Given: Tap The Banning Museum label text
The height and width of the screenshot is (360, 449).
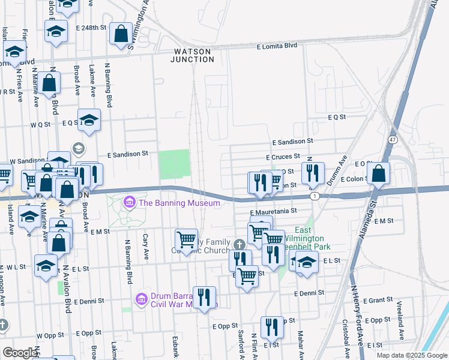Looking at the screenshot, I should click(x=179, y=203).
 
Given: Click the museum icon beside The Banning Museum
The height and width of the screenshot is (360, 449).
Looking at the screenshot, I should click(x=129, y=203).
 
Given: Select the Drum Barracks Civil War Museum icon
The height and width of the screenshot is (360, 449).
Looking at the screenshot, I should click(x=141, y=298).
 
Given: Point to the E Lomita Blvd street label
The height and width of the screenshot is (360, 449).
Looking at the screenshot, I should click(x=277, y=46).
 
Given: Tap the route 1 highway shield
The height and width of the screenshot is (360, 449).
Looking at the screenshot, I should click(x=315, y=196).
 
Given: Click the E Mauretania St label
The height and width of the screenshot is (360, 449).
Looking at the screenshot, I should click(x=274, y=211).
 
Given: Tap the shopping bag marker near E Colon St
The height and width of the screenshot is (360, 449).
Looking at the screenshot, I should click(x=378, y=174).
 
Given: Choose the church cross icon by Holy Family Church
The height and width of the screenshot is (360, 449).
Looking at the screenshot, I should click(x=239, y=244).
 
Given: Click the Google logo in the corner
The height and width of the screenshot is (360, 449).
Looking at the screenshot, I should click(x=20, y=353).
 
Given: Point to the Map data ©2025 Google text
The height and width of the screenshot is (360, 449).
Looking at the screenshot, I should click(x=411, y=355).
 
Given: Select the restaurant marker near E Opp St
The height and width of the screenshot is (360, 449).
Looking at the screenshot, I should click(x=272, y=327).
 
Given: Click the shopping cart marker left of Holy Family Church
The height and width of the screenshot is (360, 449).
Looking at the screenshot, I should click(x=186, y=240).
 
